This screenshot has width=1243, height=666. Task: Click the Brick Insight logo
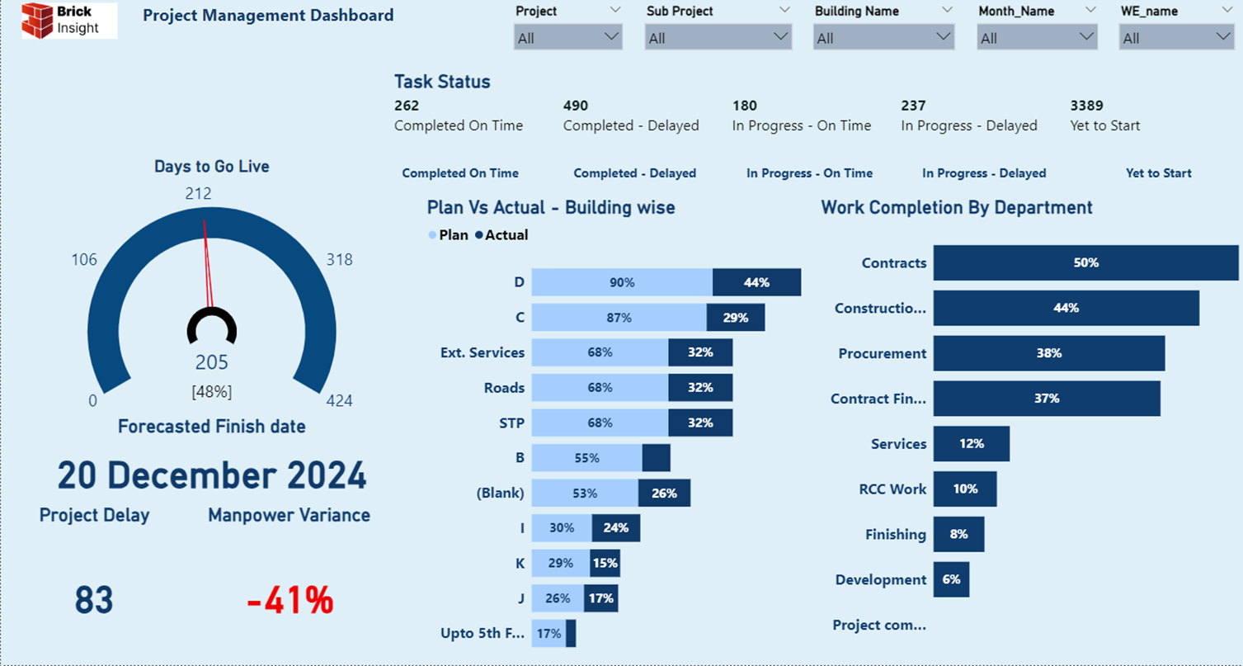click(x=68, y=21)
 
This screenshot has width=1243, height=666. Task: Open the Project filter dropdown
click(x=567, y=37)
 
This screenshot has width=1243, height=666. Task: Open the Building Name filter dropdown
click(x=883, y=37)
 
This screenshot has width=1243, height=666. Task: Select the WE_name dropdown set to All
click(x=1176, y=37)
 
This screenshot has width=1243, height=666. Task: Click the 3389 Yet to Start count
click(x=1086, y=106)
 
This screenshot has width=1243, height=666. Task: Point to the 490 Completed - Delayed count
click(x=576, y=106)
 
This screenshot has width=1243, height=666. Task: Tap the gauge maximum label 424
click(x=339, y=401)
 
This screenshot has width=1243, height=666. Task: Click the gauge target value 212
click(x=198, y=194)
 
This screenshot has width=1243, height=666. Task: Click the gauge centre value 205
click(x=211, y=362)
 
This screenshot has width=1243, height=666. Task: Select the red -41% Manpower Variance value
click(x=290, y=601)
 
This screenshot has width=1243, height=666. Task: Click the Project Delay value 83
click(x=94, y=601)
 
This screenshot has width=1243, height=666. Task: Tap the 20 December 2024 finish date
click(x=211, y=475)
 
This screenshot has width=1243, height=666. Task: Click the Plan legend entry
click(x=449, y=235)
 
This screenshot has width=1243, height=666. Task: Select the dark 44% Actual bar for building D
click(x=757, y=282)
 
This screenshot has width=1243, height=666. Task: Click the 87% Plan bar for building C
click(x=619, y=318)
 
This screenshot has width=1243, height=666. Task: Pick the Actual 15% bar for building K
click(x=605, y=564)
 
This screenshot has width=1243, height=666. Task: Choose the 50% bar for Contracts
click(x=1086, y=262)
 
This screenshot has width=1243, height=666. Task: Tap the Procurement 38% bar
click(x=1049, y=353)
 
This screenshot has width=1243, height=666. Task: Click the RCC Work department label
click(x=892, y=489)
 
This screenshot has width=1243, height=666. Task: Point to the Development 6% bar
click(x=951, y=579)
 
